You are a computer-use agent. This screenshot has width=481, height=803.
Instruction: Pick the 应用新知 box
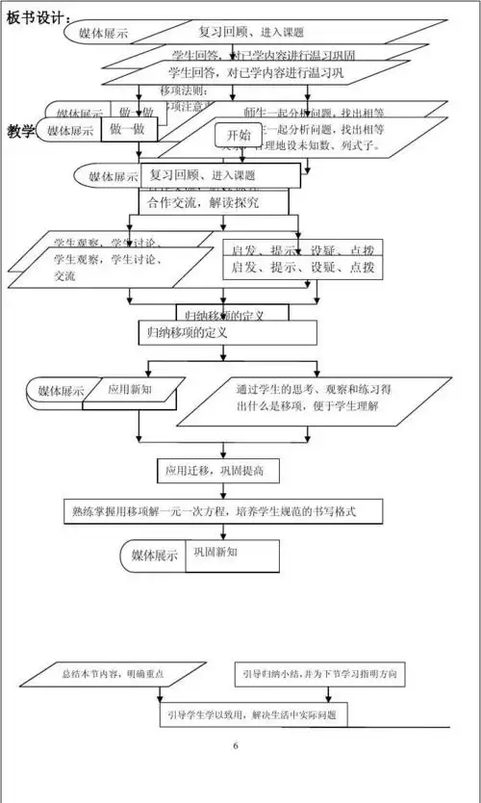pyautogui.click(x=129, y=390)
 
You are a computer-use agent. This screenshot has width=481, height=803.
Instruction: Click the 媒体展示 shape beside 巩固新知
pyautogui.click(x=155, y=556)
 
